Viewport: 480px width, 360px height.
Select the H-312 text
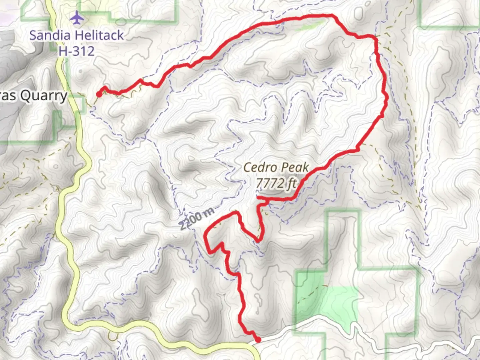pyautogui.click(x=77, y=51)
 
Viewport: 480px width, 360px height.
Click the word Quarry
pyautogui.click(x=44, y=96)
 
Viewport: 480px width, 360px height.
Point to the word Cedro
pyautogui.click(x=259, y=167)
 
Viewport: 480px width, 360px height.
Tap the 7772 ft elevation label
pyautogui.click(x=276, y=183)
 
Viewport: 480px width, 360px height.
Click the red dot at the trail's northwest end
pyautogui.click(x=99, y=95)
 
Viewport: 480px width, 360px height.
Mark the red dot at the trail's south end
pyautogui.click(x=258, y=340)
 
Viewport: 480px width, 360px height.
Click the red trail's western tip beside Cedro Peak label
pyautogui.click(x=258, y=198)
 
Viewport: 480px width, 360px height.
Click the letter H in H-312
pyautogui.click(x=63, y=51)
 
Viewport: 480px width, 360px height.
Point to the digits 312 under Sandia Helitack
pyautogui.click(x=83, y=51)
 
